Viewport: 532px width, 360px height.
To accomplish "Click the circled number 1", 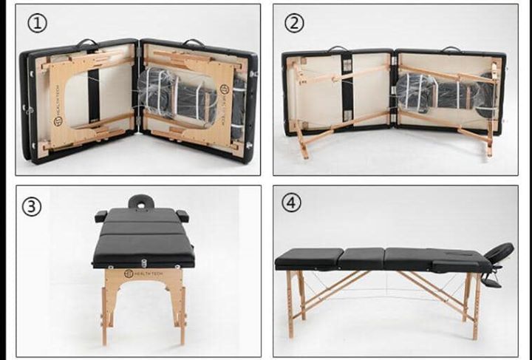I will point(38,22).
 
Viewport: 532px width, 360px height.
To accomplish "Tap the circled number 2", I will point(295,22).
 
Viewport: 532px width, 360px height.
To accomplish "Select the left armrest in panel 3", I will point(101,216).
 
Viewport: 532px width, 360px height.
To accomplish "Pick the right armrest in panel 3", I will point(182,216).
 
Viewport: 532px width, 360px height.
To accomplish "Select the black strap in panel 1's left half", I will point(94,96).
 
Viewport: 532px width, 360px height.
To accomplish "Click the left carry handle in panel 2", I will point(338,50).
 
